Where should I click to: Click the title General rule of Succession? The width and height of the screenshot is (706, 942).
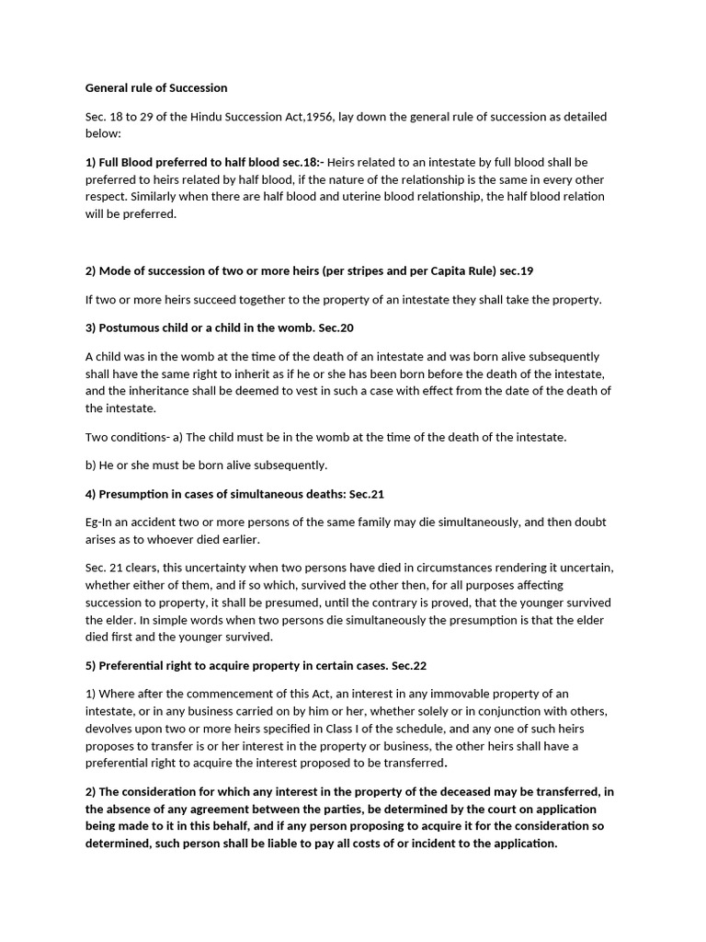(x=156, y=88)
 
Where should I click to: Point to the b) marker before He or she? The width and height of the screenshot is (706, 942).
(x=92, y=465)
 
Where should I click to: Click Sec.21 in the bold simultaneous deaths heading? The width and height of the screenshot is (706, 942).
(x=366, y=494)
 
